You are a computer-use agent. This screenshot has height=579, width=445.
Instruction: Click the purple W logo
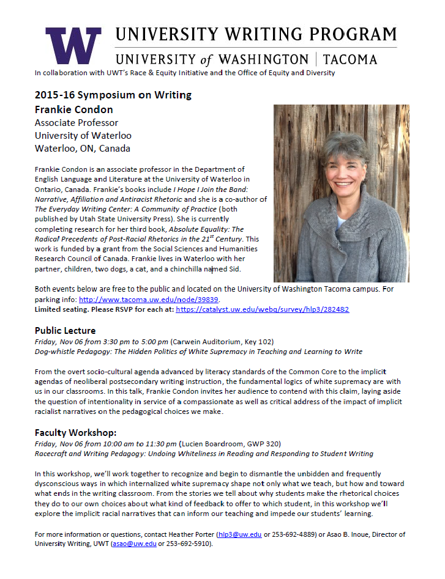[73, 46]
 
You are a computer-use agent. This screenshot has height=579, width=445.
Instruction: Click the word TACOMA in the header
[359, 59]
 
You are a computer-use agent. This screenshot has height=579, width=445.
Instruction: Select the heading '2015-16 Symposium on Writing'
[113, 95]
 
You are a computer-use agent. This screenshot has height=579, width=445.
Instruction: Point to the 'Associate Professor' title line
[77, 123]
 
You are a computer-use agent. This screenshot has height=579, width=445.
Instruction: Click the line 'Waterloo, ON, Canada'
[83, 149]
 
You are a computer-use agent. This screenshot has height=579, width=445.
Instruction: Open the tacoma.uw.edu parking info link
[149, 300]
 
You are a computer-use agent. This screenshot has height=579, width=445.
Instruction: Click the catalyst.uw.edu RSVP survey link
[262, 309]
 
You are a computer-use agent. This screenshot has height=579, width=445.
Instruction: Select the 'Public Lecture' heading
[65, 331]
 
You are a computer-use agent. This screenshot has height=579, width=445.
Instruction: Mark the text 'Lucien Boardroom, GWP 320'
[226, 444]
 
